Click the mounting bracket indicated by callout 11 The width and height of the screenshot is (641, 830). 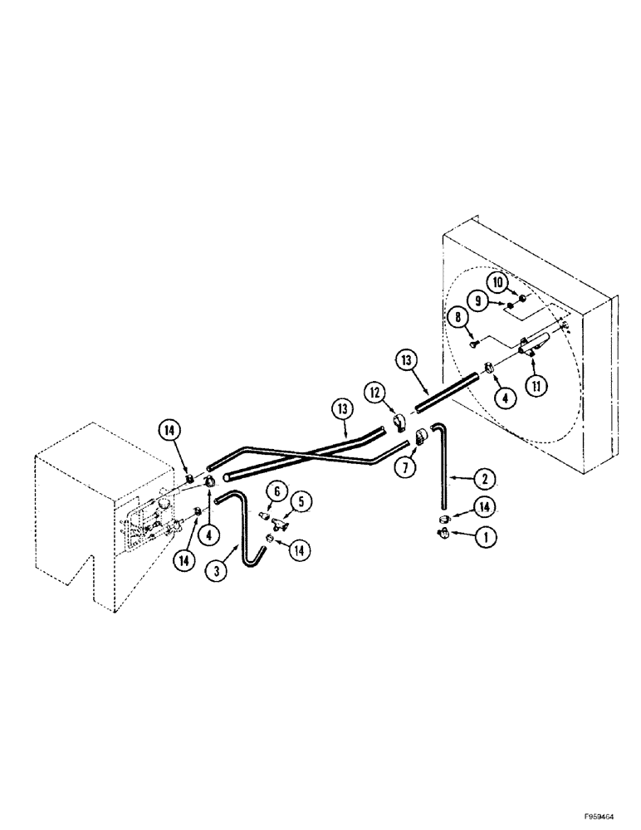coord(531,344)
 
